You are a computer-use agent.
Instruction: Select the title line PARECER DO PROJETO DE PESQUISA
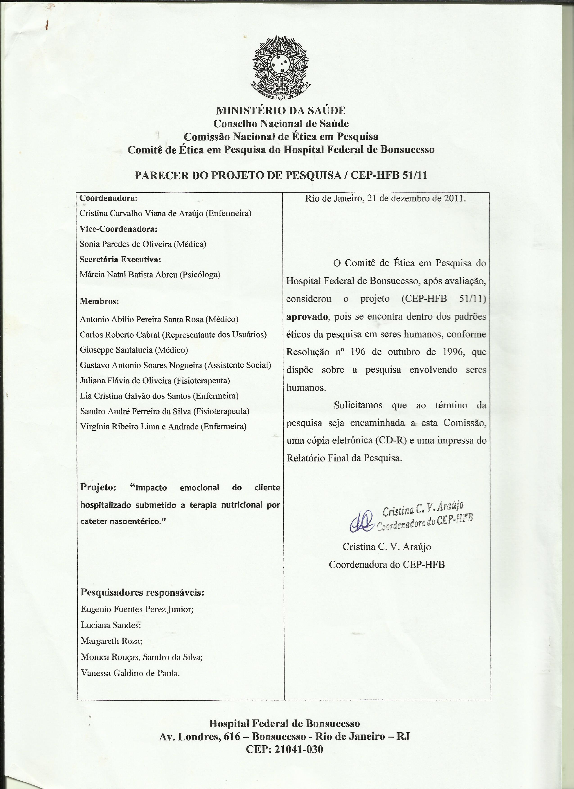[280, 175]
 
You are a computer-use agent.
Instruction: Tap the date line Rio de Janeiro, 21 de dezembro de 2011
[386, 199]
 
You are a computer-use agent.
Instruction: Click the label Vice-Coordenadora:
[118, 229]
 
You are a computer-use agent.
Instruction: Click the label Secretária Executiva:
[120, 260]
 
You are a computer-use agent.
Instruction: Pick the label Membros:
[99, 301]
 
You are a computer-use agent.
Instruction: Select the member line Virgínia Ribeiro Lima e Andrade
[163, 427]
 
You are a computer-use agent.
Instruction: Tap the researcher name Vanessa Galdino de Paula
[130, 673]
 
